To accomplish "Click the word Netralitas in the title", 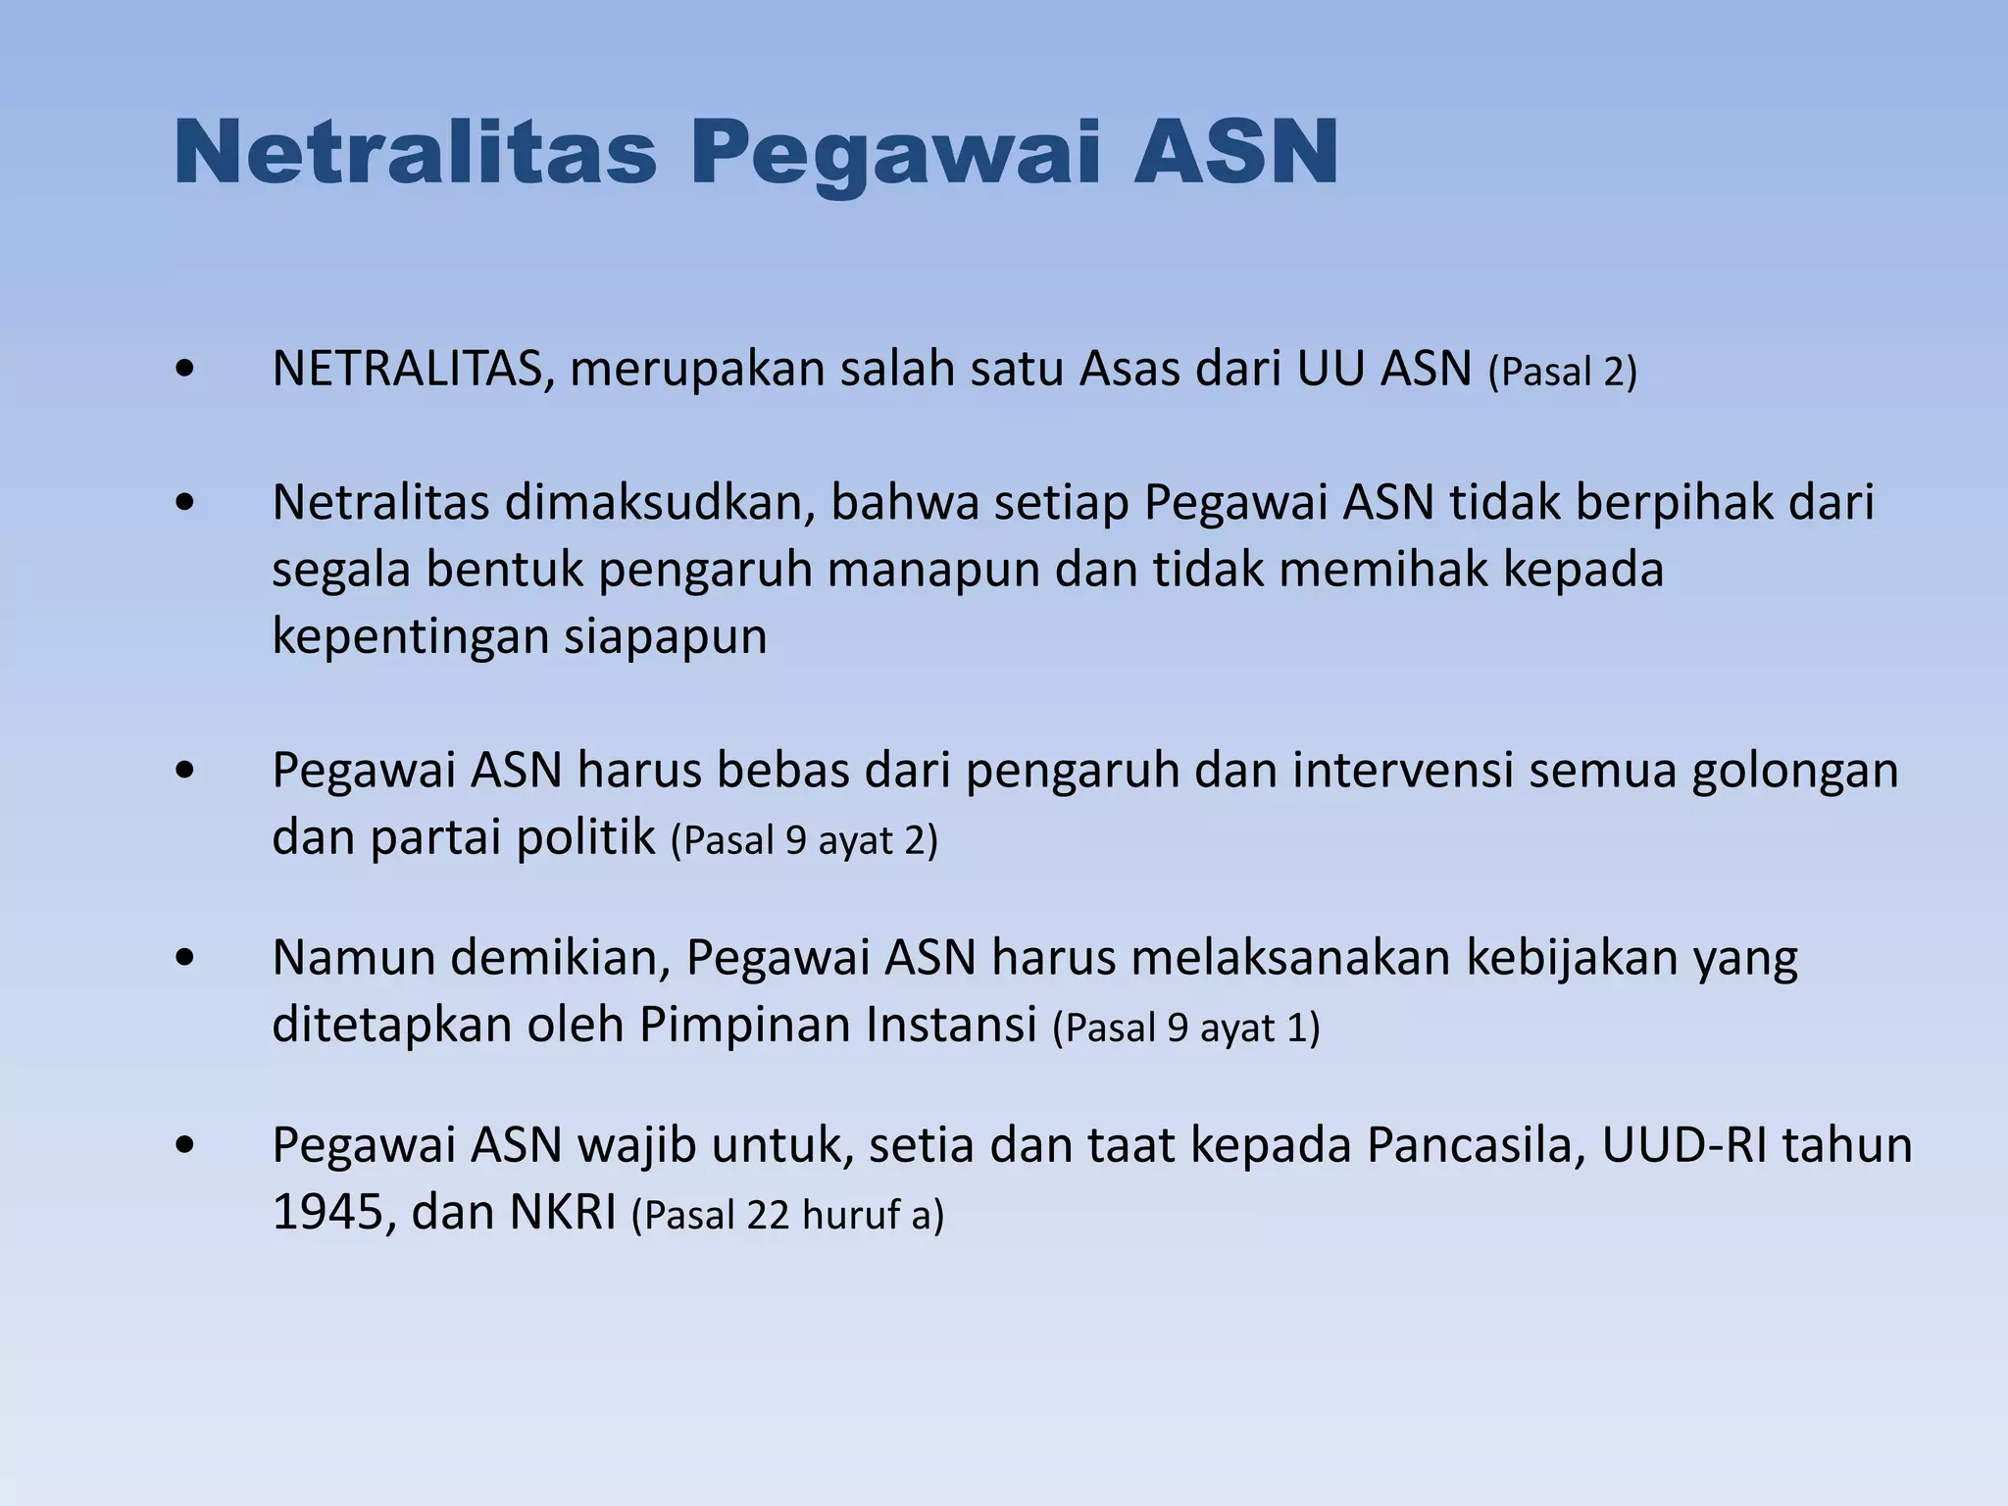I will (x=414, y=152).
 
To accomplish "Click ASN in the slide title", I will (x=1235, y=152).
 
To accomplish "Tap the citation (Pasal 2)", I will (x=1563, y=372).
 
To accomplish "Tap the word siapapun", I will (x=665, y=637).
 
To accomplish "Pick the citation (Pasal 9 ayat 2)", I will (x=804, y=840).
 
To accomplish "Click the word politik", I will (x=585, y=838).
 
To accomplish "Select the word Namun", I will (x=353, y=958).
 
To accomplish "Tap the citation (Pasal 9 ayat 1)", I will (x=1186, y=1028).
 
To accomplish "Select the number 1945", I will (x=333, y=1213).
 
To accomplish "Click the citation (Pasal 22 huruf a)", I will (x=787, y=1215).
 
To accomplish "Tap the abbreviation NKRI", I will (x=563, y=1213).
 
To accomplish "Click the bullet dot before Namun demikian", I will (x=184, y=958).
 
